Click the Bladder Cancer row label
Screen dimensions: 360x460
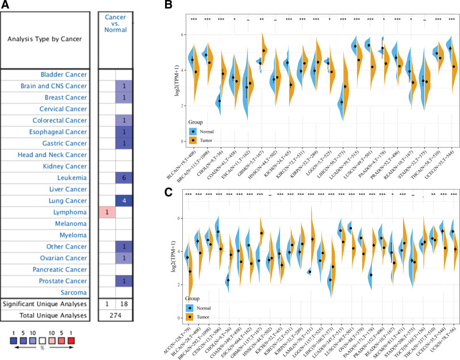click(64, 75)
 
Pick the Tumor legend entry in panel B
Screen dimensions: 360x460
click(204, 139)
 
